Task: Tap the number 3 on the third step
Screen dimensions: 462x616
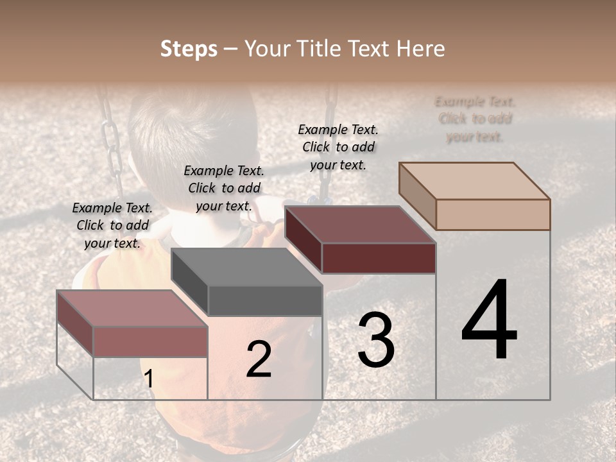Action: (375, 340)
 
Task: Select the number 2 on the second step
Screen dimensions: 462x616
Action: (259, 359)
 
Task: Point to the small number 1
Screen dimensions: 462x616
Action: (149, 379)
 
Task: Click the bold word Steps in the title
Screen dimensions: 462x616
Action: (189, 49)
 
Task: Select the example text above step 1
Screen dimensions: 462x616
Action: (112, 225)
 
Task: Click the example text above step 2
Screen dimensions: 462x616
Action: (224, 188)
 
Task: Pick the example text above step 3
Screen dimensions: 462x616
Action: (338, 147)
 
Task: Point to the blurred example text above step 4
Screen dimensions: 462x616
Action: (475, 119)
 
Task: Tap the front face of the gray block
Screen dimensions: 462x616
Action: (265, 300)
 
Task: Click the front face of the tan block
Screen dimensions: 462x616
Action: (493, 214)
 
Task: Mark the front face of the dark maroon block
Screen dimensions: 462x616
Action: (379, 258)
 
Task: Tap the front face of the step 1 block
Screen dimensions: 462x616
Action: (150, 341)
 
